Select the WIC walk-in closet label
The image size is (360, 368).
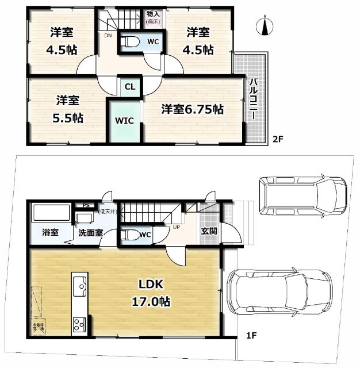click(124, 121)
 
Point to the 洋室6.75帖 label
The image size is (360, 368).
click(192, 109)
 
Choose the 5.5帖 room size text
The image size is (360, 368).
click(67, 118)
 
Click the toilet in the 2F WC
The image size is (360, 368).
click(129, 41)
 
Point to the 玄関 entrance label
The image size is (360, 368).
click(209, 231)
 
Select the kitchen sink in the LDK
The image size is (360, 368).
click(79, 285)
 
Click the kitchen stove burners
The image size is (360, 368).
click(78, 324)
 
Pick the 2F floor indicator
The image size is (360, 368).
click(278, 138)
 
